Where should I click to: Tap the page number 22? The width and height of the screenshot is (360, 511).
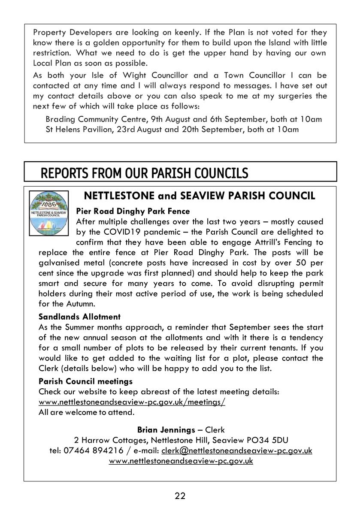(x=180, y=496)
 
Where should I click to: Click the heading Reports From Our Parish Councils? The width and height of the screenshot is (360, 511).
(x=144, y=173)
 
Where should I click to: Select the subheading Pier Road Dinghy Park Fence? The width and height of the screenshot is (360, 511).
(x=133, y=211)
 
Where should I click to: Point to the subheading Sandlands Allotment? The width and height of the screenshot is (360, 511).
(x=79, y=317)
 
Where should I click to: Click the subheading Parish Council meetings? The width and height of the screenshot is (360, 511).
(x=85, y=381)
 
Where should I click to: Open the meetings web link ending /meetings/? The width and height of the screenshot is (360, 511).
(x=132, y=402)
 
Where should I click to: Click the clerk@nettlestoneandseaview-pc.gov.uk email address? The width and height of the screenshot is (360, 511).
(x=236, y=451)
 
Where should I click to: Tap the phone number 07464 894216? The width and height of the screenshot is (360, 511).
(x=99, y=451)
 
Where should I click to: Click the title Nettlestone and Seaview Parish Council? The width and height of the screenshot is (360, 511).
(x=200, y=196)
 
